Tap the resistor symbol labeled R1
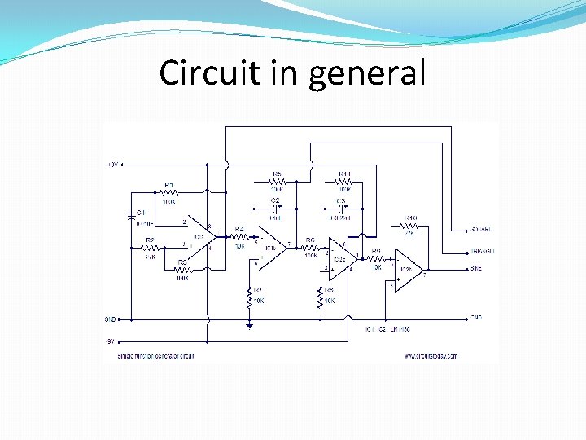(x=170, y=194)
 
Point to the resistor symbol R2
(x=151, y=248)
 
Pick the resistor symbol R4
(x=239, y=237)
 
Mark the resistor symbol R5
(x=278, y=183)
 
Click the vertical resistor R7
(x=250, y=298)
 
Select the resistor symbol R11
(x=345, y=183)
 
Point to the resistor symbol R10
(x=411, y=226)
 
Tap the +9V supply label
(x=112, y=165)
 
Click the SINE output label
(x=477, y=268)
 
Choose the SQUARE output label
(x=481, y=230)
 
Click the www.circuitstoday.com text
(x=429, y=356)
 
